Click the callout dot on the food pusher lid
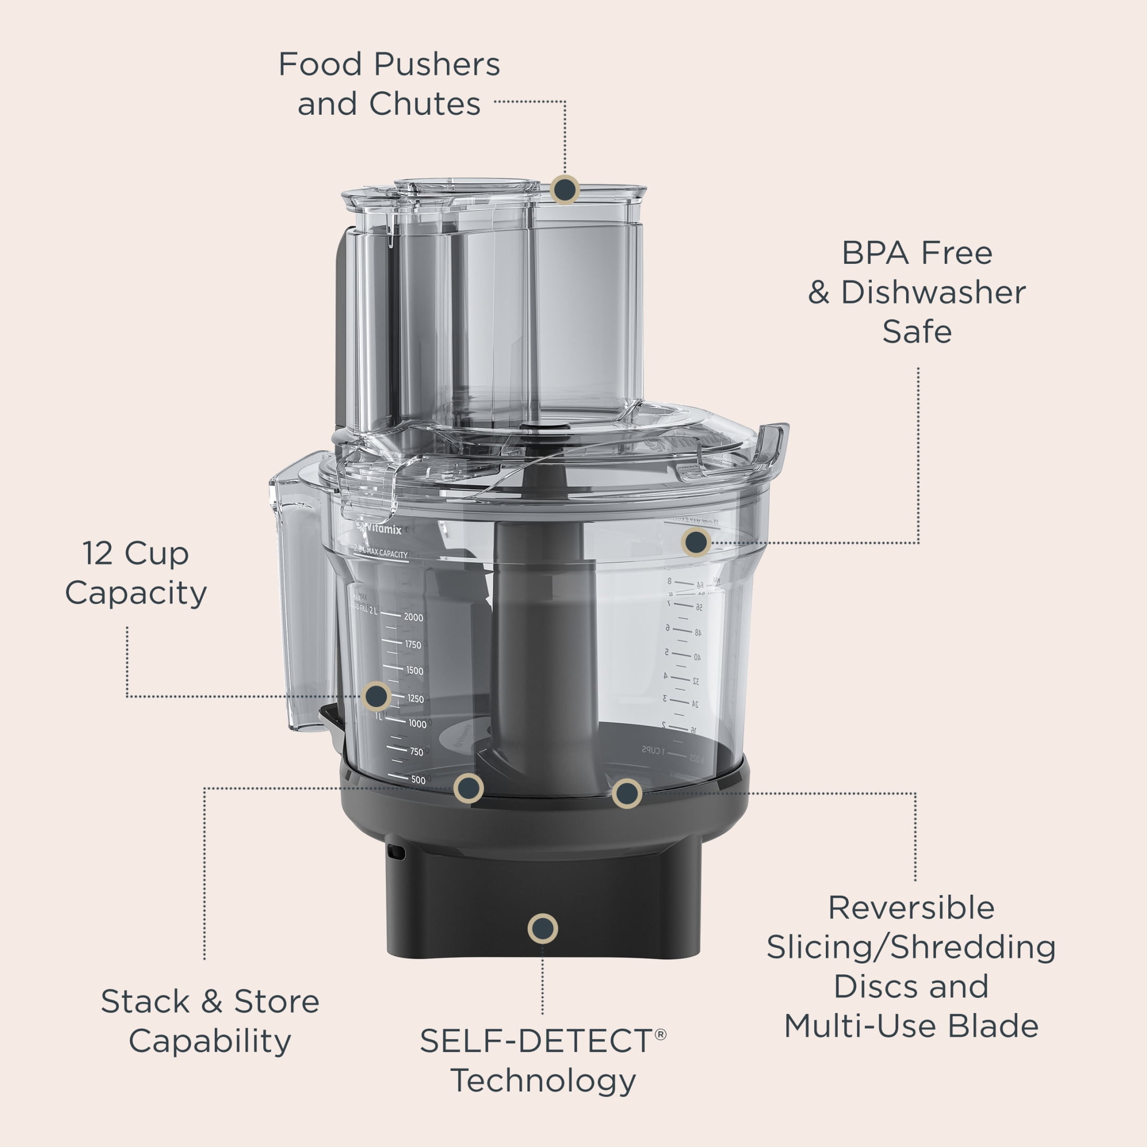(x=564, y=190)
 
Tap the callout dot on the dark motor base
(x=542, y=928)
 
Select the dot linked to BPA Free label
(x=696, y=542)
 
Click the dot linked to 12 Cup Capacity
(x=376, y=696)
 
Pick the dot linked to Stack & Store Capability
(x=468, y=788)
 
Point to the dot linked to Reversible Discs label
(x=626, y=793)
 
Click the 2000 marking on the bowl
(x=413, y=617)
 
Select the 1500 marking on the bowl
(x=414, y=671)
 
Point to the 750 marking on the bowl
(x=416, y=752)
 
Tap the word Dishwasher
(x=933, y=292)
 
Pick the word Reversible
(x=911, y=908)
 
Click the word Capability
(x=210, y=1041)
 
